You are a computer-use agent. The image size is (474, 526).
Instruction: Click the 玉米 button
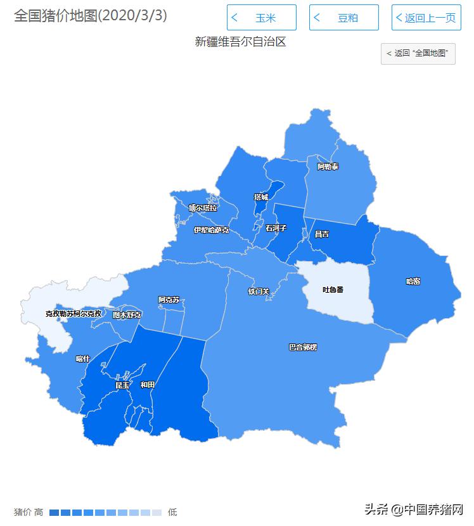pyautogui.click(x=261, y=18)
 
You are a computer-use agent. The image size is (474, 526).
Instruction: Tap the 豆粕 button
pyautogui.click(x=343, y=18)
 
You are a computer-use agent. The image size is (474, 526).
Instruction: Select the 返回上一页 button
pyautogui.click(x=425, y=18)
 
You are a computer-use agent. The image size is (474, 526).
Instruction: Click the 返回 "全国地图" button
pyautogui.click(x=418, y=53)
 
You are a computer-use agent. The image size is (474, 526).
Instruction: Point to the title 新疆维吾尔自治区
pyautogui.click(x=240, y=42)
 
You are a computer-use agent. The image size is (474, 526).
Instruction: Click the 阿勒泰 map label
pyautogui.click(x=328, y=167)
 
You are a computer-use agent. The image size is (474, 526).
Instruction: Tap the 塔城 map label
pyautogui.click(x=260, y=197)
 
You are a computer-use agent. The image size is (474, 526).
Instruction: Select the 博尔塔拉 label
pyautogui.click(x=203, y=207)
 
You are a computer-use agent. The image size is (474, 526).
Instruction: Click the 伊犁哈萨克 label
pyautogui.click(x=211, y=230)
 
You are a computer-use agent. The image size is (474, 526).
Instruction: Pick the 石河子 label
pyautogui.click(x=276, y=228)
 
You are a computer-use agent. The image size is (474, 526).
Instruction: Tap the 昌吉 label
pyautogui.click(x=322, y=234)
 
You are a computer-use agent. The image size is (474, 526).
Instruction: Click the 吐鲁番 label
pyautogui.click(x=333, y=290)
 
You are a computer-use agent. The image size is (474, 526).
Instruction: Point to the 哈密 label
pyautogui.click(x=413, y=281)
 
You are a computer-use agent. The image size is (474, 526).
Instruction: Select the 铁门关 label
pyautogui.click(x=259, y=292)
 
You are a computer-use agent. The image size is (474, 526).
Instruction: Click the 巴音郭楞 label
pyautogui.click(x=303, y=347)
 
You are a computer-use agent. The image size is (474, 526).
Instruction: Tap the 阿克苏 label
pyautogui.click(x=169, y=300)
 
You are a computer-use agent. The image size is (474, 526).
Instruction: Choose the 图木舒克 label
pyautogui.click(x=127, y=314)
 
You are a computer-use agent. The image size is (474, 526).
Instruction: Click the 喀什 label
pyautogui.click(x=83, y=359)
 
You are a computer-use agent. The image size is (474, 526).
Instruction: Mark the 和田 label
pyautogui.click(x=148, y=385)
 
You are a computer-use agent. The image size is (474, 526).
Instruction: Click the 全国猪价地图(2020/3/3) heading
pyautogui.click(x=91, y=16)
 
